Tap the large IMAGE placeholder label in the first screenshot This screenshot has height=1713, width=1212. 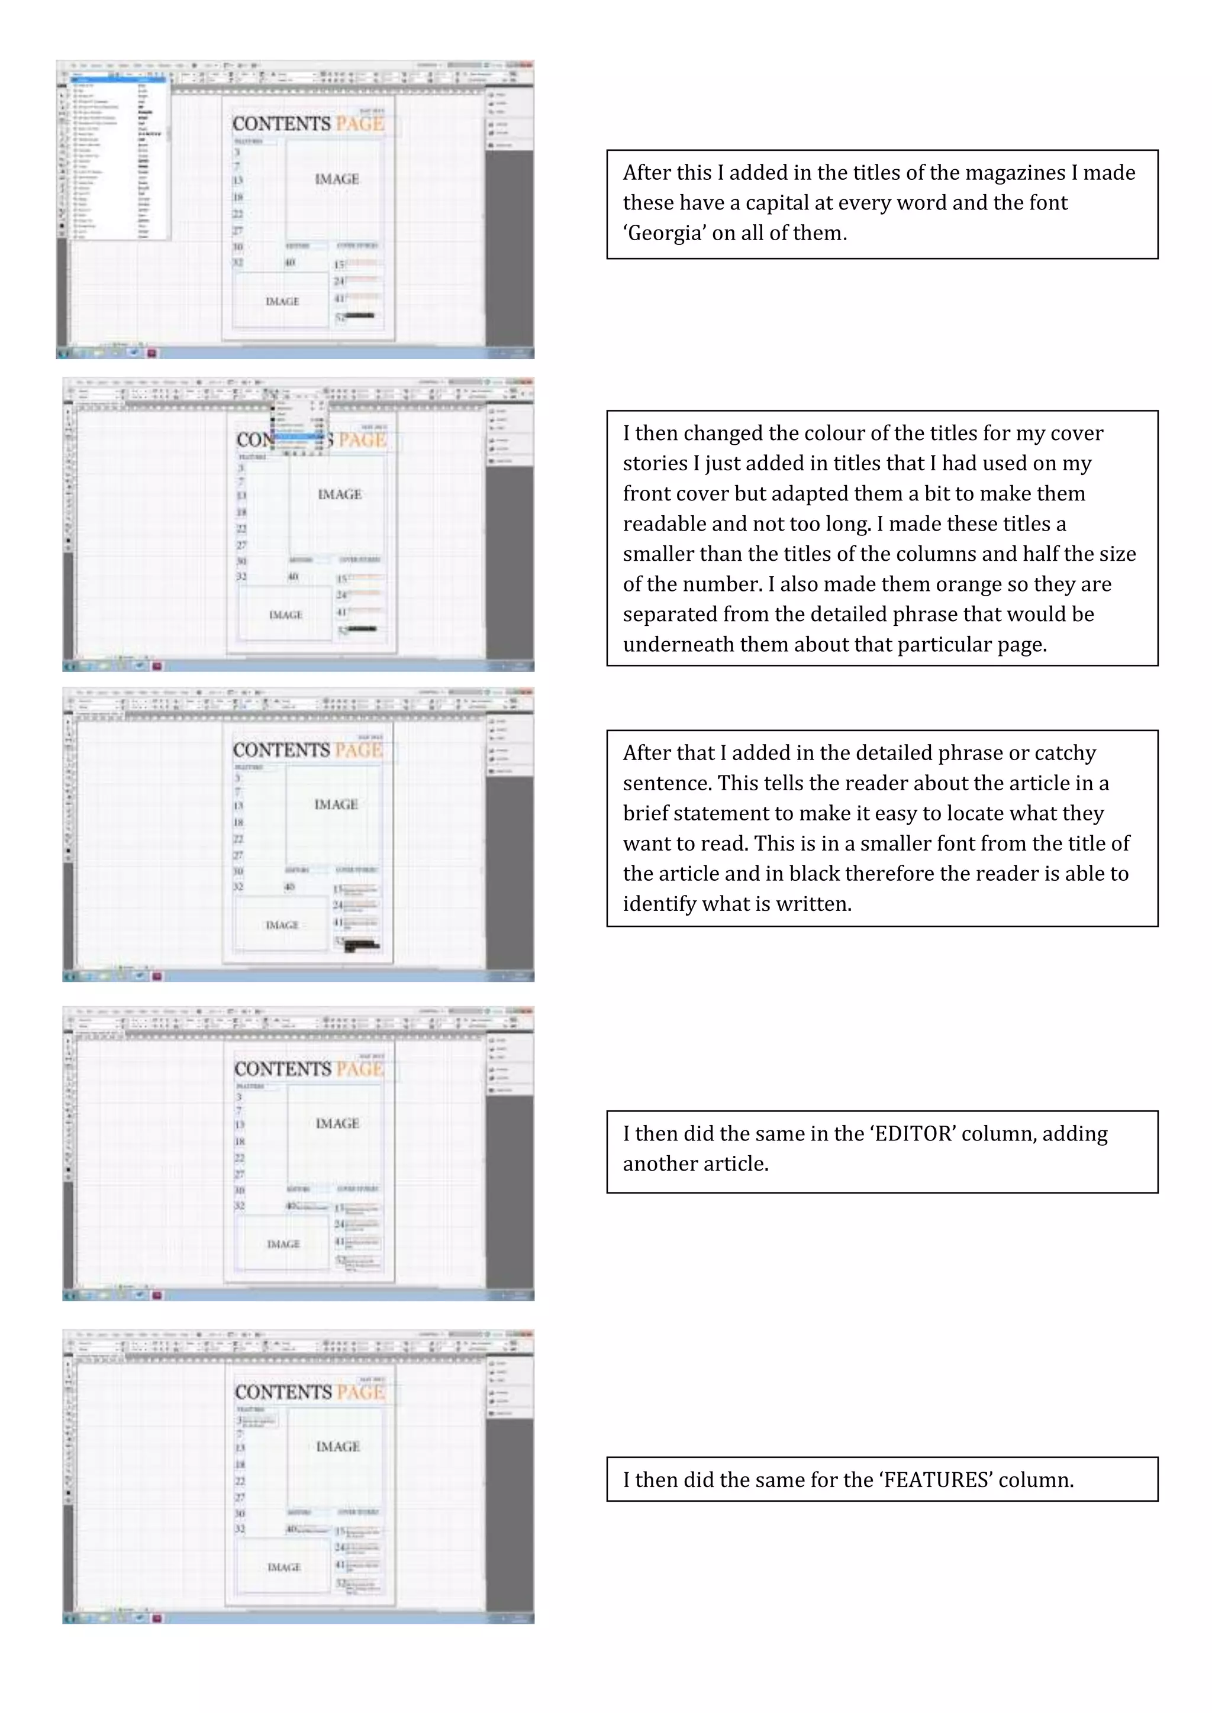pos(337,179)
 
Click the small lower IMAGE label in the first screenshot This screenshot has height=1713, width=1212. pos(282,302)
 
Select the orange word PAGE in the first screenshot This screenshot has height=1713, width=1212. pos(360,124)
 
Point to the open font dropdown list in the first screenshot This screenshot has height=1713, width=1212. pos(120,160)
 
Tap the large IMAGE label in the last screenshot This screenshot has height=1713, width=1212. pos(338,1447)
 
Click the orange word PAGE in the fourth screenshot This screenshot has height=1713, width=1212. pos(360,1069)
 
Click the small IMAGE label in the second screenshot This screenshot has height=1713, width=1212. pos(285,615)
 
